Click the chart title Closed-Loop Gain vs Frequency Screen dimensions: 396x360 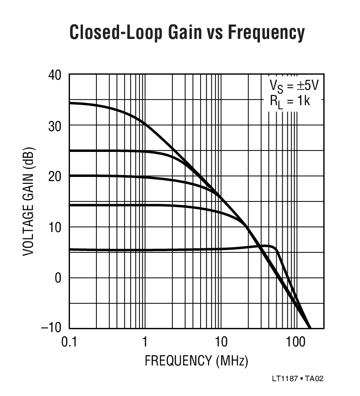[187, 33]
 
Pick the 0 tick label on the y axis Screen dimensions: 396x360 [58, 278]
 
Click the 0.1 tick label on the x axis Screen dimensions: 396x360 [69, 343]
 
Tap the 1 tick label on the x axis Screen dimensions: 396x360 [145, 343]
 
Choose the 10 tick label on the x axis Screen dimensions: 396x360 [221, 343]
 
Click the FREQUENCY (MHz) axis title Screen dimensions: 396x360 [196, 360]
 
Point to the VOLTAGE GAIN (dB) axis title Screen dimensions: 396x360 [29, 201]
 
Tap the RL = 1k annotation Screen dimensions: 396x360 [290, 101]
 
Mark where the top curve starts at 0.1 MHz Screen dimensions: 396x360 [70, 103]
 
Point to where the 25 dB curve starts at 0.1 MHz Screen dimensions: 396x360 [70, 151]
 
